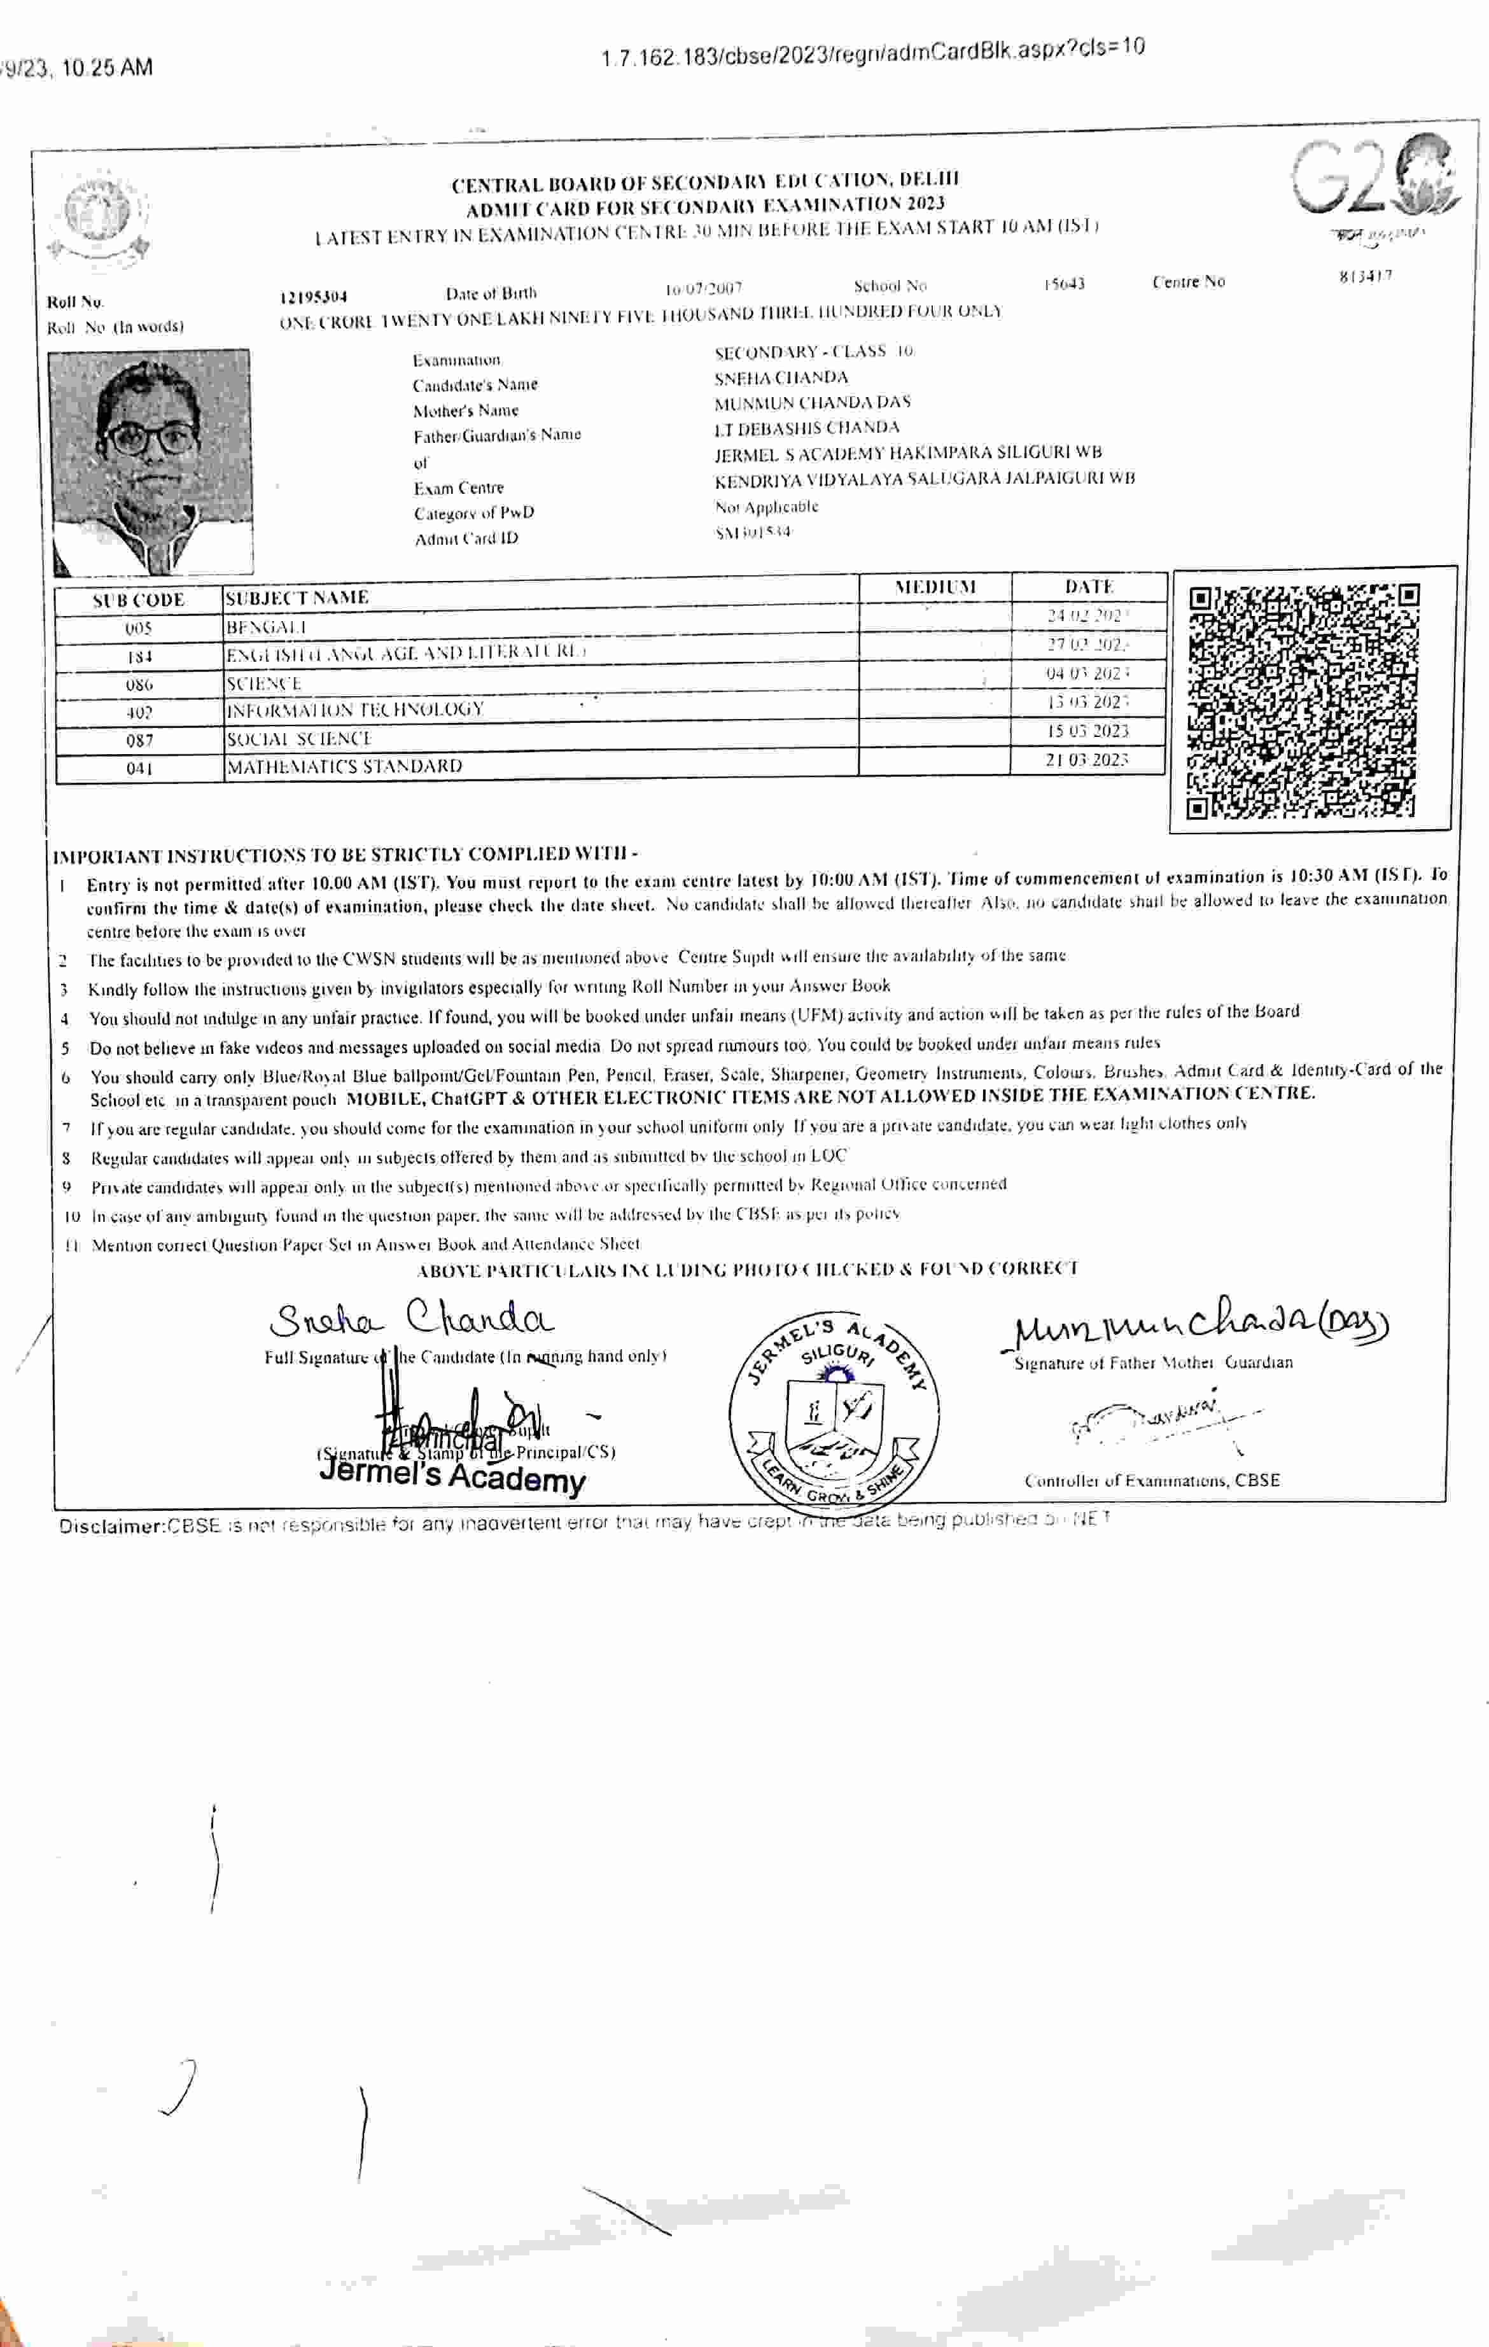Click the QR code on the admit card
1304,700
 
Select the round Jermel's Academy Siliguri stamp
834,1410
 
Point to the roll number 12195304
313,297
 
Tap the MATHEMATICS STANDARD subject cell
344,766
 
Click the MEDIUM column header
935,587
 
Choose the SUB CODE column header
138,600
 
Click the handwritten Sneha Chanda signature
411,1320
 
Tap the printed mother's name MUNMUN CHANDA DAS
812,403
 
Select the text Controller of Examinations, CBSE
1152,1480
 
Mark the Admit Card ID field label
466,539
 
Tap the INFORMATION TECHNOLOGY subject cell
354,710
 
